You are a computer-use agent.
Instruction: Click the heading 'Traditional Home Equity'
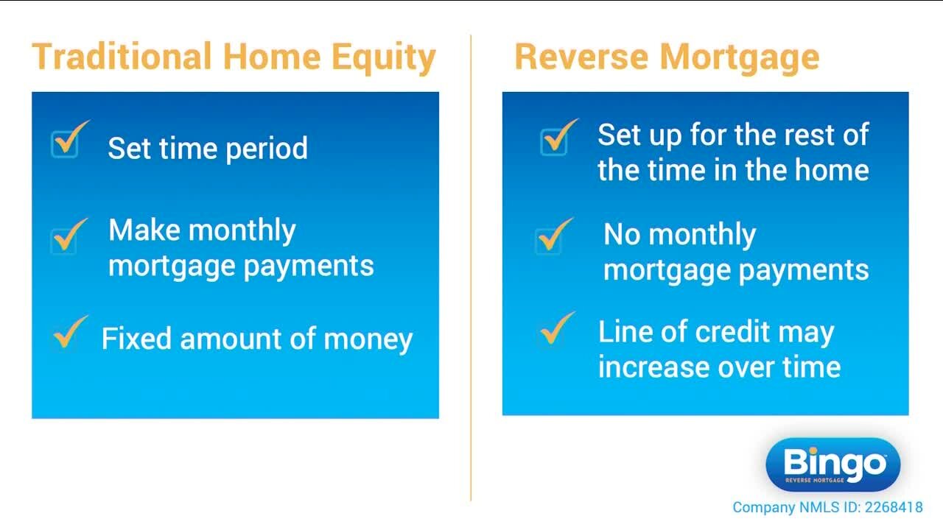[234, 58]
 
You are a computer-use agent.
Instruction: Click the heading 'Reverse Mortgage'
[667, 57]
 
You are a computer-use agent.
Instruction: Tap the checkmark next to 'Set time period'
[69, 140]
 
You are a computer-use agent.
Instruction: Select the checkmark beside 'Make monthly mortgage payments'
[69, 236]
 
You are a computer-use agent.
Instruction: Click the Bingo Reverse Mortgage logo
[833, 465]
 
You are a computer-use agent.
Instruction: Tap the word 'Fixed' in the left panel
[137, 339]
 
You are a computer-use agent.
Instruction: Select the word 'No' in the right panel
[623, 235]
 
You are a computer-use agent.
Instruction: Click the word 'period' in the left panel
[267, 149]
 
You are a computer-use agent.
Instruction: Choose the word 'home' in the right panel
[830, 170]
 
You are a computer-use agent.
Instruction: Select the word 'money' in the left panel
[368, 339]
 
